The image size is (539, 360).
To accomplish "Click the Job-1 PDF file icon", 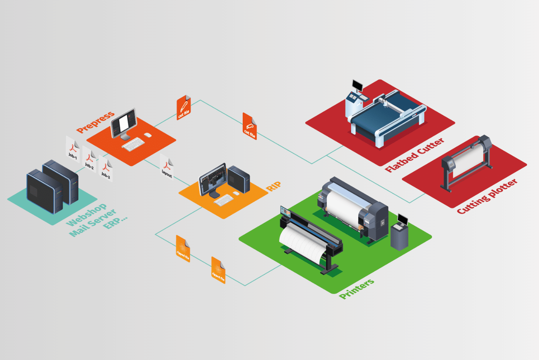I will click(72, 149).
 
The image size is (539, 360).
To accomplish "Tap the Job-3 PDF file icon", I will click(106, 169).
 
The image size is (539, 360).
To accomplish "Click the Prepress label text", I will click(95, 122).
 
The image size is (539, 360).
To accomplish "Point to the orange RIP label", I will click(274, 186).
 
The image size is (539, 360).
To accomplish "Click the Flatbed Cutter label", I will click(414, 155).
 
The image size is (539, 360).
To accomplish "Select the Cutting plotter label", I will click(487, 196).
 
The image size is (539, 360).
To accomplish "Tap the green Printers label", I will click(356, 289).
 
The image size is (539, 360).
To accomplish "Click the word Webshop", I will click(86, 215).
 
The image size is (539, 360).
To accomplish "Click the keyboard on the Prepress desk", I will click(133, 144).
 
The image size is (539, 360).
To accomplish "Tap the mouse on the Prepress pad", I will click(148, 135).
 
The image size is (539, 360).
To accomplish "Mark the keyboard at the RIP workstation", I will click(224, 200).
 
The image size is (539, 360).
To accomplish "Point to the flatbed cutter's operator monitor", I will click(357, 86).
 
